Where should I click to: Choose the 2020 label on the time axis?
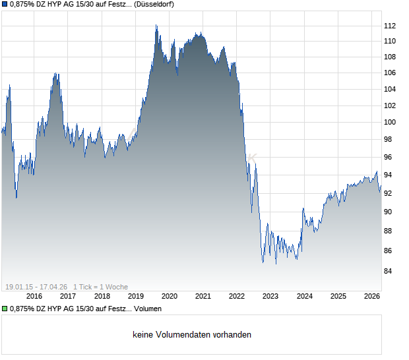169,296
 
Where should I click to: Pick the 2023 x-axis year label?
270,296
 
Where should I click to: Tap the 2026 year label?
371,296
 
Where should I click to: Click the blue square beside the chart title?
5,5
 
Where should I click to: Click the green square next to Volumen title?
5,309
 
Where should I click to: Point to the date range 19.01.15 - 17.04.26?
37,286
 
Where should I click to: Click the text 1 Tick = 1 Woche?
100,286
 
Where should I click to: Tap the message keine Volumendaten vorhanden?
191,335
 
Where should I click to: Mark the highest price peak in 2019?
156,25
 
